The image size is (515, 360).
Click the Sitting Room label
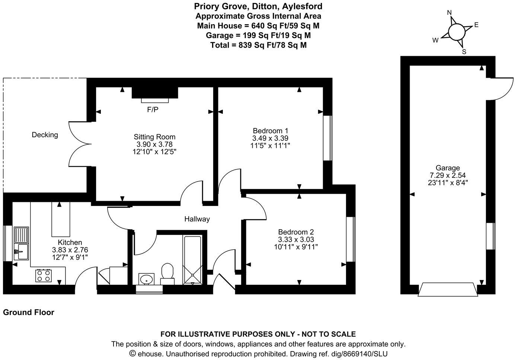click(154, 137)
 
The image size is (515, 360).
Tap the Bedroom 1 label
click(270, 131)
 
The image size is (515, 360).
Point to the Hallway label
click(197, 219)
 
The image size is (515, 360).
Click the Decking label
click(45, 135)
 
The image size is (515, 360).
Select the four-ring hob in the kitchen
click(44, 276)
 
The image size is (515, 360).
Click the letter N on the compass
click(449, 13)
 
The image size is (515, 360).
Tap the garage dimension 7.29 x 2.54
click(448, 175)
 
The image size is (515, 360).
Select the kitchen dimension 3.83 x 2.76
click(70, 250)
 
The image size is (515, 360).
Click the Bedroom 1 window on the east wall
click(327, 138)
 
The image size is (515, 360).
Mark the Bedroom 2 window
click(350, 239)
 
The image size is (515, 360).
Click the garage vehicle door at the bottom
click(448, 290)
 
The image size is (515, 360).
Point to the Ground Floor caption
click(29, 312)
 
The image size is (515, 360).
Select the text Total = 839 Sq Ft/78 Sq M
click(258, 45)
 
